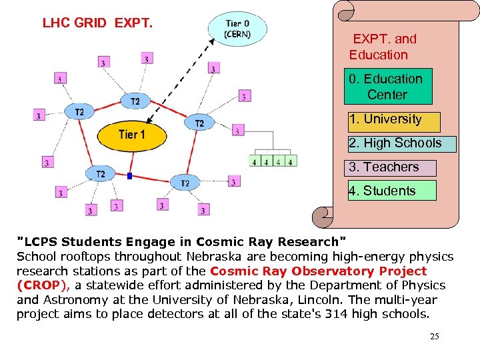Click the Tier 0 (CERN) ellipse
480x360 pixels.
tap(237, 29)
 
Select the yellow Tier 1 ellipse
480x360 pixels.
tap(131, 135)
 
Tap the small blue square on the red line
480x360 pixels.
tap(130, 176)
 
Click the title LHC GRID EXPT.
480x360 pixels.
tap(97, 23)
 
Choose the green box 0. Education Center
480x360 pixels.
tap(387, 87)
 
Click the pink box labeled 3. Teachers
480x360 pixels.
tap(391, 167)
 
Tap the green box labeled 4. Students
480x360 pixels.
tap(391, 191)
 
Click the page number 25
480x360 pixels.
tap(434, 337)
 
